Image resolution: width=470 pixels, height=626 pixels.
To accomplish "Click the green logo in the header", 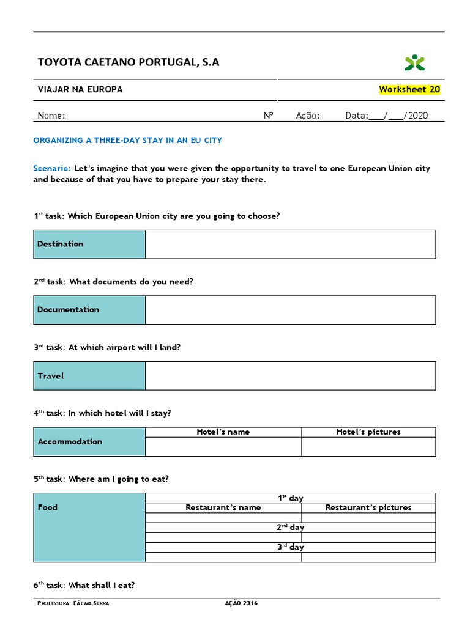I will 414,62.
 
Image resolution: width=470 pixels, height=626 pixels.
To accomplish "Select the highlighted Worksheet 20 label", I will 409,89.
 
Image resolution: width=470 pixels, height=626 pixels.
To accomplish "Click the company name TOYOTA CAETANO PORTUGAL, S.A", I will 129,62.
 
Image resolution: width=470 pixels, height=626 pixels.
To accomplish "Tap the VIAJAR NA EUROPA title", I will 80,89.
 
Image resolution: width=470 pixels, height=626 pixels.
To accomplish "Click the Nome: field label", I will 51,116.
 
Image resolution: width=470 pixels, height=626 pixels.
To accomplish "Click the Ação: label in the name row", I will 308,116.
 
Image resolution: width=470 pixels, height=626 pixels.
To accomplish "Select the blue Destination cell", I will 89,244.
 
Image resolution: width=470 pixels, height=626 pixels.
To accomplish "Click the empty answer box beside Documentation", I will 290,310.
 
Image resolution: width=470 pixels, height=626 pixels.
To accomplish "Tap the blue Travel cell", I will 89,376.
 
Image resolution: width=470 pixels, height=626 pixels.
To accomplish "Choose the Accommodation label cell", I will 89,441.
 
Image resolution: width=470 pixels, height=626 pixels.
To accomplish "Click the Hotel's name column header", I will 223,432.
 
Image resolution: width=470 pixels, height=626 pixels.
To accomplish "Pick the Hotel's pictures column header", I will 368,432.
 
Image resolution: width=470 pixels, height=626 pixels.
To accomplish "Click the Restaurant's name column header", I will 223,507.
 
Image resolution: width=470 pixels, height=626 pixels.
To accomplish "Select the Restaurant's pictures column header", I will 368,507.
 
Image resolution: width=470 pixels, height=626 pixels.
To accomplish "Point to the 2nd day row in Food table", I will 290,527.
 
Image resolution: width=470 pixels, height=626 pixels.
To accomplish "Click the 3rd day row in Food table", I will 290,547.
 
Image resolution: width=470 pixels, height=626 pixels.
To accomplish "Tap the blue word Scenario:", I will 53,168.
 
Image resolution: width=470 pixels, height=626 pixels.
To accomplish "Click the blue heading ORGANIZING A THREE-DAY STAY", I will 127,140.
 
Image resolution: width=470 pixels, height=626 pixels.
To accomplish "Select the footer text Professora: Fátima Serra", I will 73,603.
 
